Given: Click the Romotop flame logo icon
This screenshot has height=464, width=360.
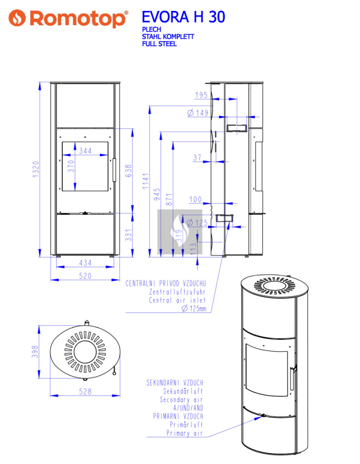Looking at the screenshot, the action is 17,18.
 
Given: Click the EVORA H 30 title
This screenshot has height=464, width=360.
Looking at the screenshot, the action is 183,17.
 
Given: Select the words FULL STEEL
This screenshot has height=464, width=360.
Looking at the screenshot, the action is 159,44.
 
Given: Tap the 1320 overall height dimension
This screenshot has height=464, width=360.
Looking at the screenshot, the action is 36,169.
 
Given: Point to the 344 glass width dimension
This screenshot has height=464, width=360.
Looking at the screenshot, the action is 85,151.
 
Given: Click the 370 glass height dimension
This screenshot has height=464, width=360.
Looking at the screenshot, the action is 71,166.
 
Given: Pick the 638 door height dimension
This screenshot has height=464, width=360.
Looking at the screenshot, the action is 128,171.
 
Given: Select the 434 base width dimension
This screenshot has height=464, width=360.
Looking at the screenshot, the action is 85,263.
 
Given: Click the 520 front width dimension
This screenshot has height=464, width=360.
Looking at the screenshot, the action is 85,276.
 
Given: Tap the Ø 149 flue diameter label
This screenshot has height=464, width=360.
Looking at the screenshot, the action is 198,113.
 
